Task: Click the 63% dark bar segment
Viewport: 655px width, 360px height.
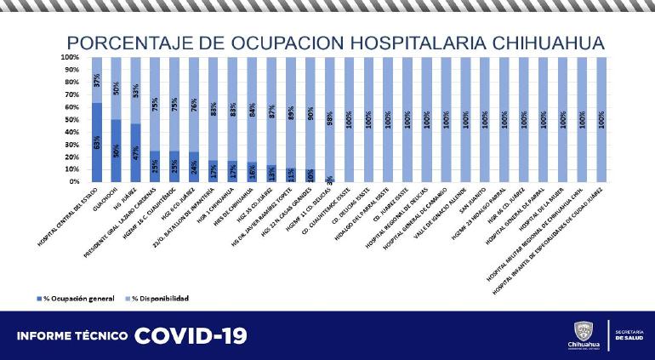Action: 97,142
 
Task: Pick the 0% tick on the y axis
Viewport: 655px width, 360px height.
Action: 74,181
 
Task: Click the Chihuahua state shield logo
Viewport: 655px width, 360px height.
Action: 587,330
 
